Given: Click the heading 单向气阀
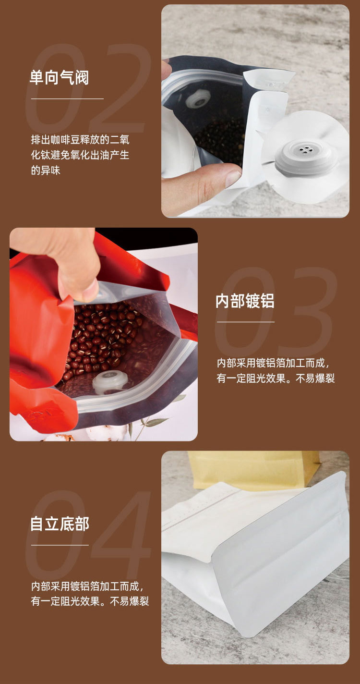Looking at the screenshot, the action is tap(59, 77).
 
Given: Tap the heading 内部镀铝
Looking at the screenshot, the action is tap(245, 301).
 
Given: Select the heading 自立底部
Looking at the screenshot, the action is tap(60, 524).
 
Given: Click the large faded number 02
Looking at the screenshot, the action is tap(88, 88).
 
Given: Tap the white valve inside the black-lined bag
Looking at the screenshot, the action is tap(198, 98).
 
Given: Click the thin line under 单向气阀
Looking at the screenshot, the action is tap(67, 98).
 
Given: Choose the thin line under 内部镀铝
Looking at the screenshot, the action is tap(246, 322).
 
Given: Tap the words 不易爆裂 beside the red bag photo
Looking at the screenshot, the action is tap(315, 379).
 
